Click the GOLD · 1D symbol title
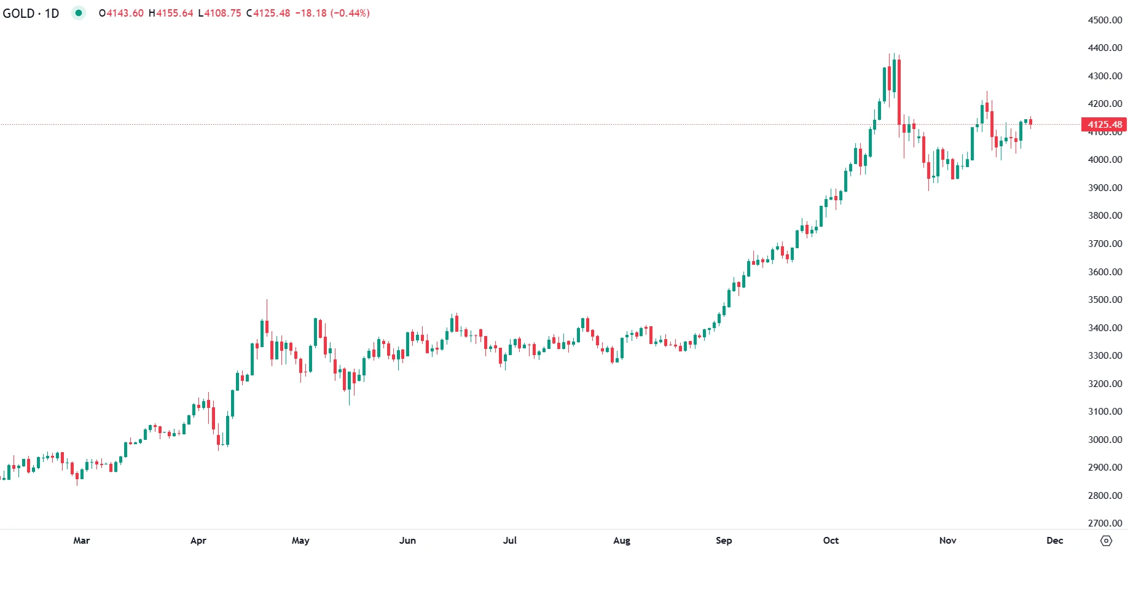31,14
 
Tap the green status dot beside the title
78,13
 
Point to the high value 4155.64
174,14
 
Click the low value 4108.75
223,14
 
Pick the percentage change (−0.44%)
350,14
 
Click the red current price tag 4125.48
1104,125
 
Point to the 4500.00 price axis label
1105,20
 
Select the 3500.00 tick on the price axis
1105,300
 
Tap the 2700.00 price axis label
1105,523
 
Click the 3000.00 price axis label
1105,440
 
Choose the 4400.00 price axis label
1105,48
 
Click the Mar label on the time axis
82,541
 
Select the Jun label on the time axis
407,541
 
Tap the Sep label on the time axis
724,541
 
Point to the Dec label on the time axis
1054,541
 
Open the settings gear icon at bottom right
1106,541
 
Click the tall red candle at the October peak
899,92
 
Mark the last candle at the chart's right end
1030,122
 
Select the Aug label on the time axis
622,541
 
